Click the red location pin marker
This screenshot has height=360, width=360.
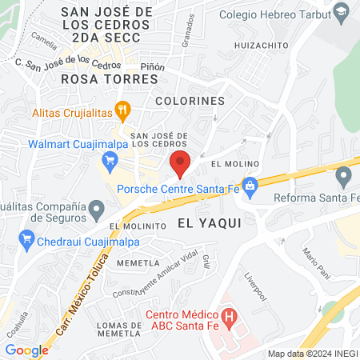(x=181, y=163)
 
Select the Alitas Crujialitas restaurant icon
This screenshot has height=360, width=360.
(x=122, y=109)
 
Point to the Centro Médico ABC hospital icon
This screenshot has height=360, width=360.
(x=230, y=316)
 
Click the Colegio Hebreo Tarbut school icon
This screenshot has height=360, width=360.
(x=342, y=12)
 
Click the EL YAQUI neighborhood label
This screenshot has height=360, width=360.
(x=209, y=223)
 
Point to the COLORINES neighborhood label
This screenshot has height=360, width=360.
(x=190, y=102)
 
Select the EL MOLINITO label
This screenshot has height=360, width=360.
(x=138, y=226)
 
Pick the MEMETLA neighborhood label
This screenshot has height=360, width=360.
(x=134, y=262)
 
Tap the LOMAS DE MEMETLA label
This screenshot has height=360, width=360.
(x=119, y=330)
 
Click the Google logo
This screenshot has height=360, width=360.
(x=26, y=350)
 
